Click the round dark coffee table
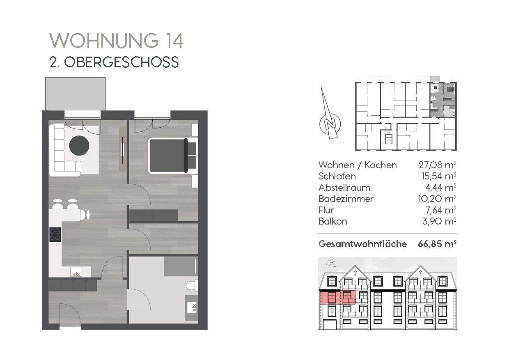click(79, 145)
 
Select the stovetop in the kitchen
click(55, 234)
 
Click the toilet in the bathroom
click(192, 285)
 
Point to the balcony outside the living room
click(75, 94)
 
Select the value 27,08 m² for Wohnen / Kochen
click(437, 165)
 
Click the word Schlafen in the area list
click(337, 177)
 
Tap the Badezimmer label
click(346, 199)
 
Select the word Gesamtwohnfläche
click(362, 244)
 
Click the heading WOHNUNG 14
click(116, 41)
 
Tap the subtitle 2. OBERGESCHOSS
click(114, 62)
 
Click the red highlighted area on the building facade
click(337, 297)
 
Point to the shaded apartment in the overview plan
click(443, 100)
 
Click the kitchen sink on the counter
click(76, 271)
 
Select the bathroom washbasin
click(191, 307)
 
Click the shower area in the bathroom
click(179, 266)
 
